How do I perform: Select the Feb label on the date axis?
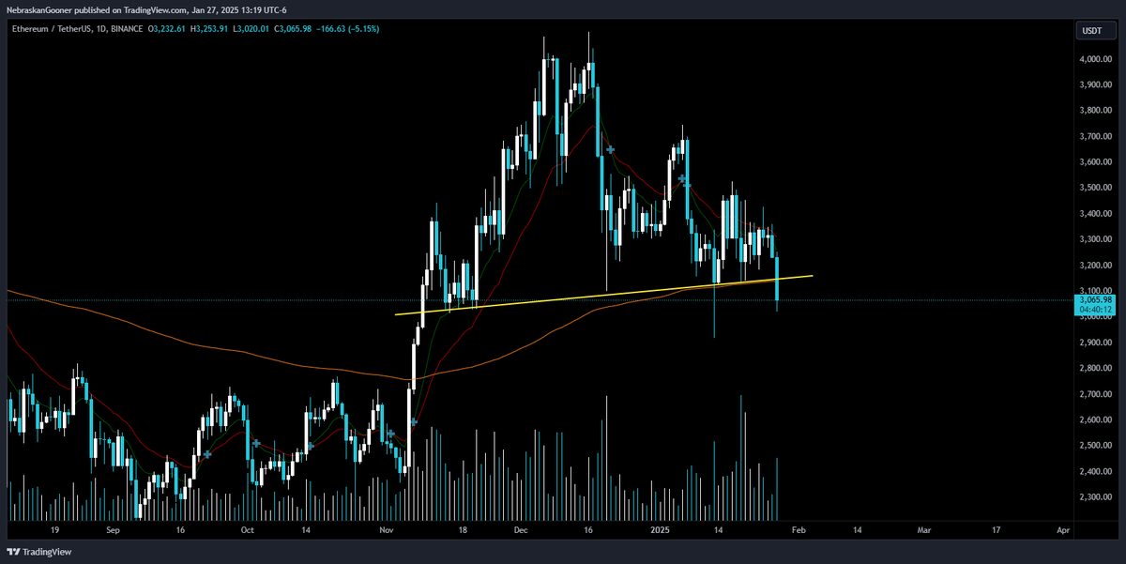click(798, 529)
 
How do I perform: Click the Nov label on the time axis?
click(387, 529)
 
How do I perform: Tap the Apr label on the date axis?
click(1062, 529)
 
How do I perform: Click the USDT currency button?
click(1092, 31)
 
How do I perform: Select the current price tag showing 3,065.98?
click(1095, 299)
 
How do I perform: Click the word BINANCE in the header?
click(125, 29)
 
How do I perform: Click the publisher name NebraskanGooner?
click(40, 9)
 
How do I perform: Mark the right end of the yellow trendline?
click(812, 275)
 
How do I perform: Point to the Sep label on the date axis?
click(113, 529)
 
